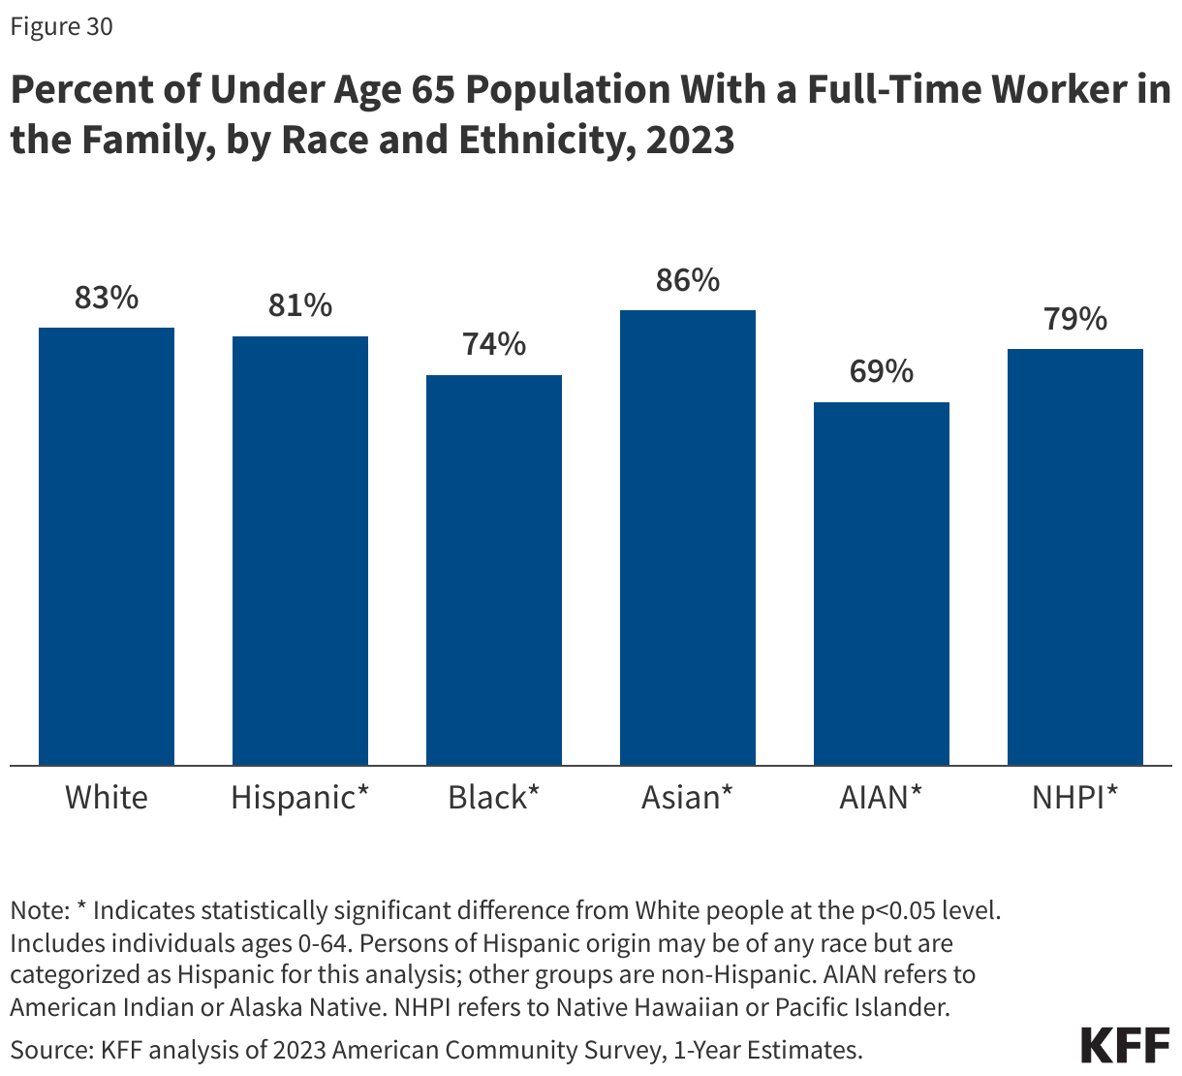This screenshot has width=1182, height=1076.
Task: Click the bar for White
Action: [107, 547]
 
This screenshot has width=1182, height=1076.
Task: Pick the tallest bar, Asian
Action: [688, 538]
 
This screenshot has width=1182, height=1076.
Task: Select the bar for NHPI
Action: [1075, 557]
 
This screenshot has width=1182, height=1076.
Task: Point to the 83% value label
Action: [107, 299]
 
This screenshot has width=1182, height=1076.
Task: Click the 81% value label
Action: [300, 306]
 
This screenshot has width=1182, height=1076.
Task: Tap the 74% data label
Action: [494, 344]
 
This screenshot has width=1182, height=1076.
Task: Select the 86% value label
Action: [688, 281]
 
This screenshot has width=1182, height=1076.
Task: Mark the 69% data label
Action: [882, 371]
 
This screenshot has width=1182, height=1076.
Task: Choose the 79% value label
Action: [1075, 319]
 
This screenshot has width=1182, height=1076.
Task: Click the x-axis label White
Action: [107, 798]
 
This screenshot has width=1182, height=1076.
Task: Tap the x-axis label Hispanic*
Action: [300, 798]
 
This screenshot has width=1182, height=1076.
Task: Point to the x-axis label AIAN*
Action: [882, 798]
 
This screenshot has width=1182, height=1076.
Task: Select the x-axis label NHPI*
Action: [1075, 798]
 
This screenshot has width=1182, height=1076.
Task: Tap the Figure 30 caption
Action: [61, 27]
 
